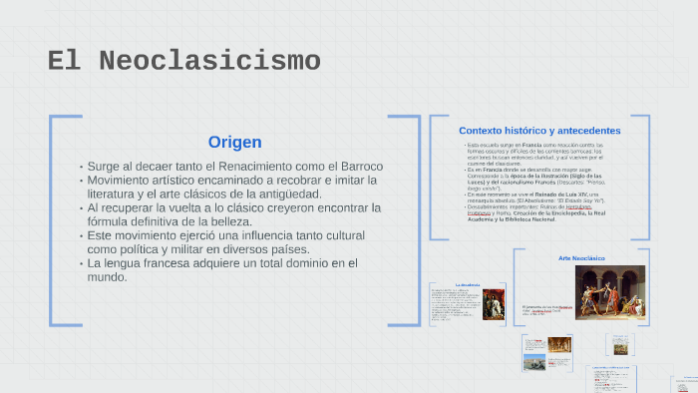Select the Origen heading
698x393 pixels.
click(234, 142)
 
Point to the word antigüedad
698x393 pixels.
click(287, 194)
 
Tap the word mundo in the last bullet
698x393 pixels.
click(106, 277)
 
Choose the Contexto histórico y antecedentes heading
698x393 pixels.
click(539, 131)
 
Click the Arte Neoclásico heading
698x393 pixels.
click(581, 258)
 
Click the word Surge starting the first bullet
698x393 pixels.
click(105, 166)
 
